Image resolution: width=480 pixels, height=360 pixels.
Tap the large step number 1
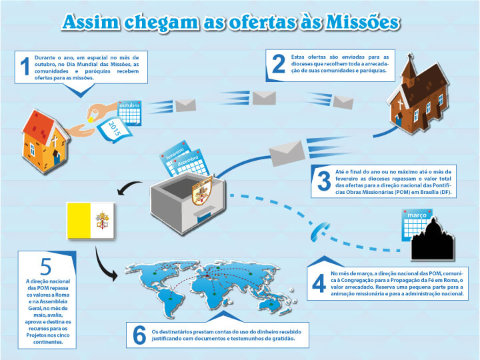coord(25,67)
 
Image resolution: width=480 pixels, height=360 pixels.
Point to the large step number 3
coord(324,181)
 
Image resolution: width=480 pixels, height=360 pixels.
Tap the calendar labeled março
coord(417,223)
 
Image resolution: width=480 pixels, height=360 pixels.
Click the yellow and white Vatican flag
coord(91,220)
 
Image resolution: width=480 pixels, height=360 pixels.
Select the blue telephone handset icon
coord(322,231)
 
